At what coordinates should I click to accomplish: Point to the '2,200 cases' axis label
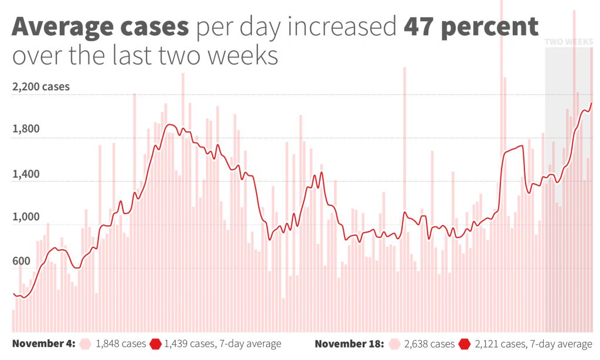pos(40,87)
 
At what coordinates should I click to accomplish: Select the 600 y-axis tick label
pos(22,261)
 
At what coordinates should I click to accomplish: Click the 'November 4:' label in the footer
pos(43,344)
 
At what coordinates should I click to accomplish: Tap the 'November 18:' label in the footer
pos(349,344)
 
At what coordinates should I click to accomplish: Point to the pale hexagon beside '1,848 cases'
pos(86,344)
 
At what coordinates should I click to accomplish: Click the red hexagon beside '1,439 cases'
pos(155,344)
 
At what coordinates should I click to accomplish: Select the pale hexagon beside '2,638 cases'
pos(394,344)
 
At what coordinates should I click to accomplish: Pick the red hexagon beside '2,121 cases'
pos(465,344)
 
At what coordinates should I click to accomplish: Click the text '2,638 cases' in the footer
pos(429,344)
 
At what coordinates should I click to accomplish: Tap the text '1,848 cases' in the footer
pos(121,344)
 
